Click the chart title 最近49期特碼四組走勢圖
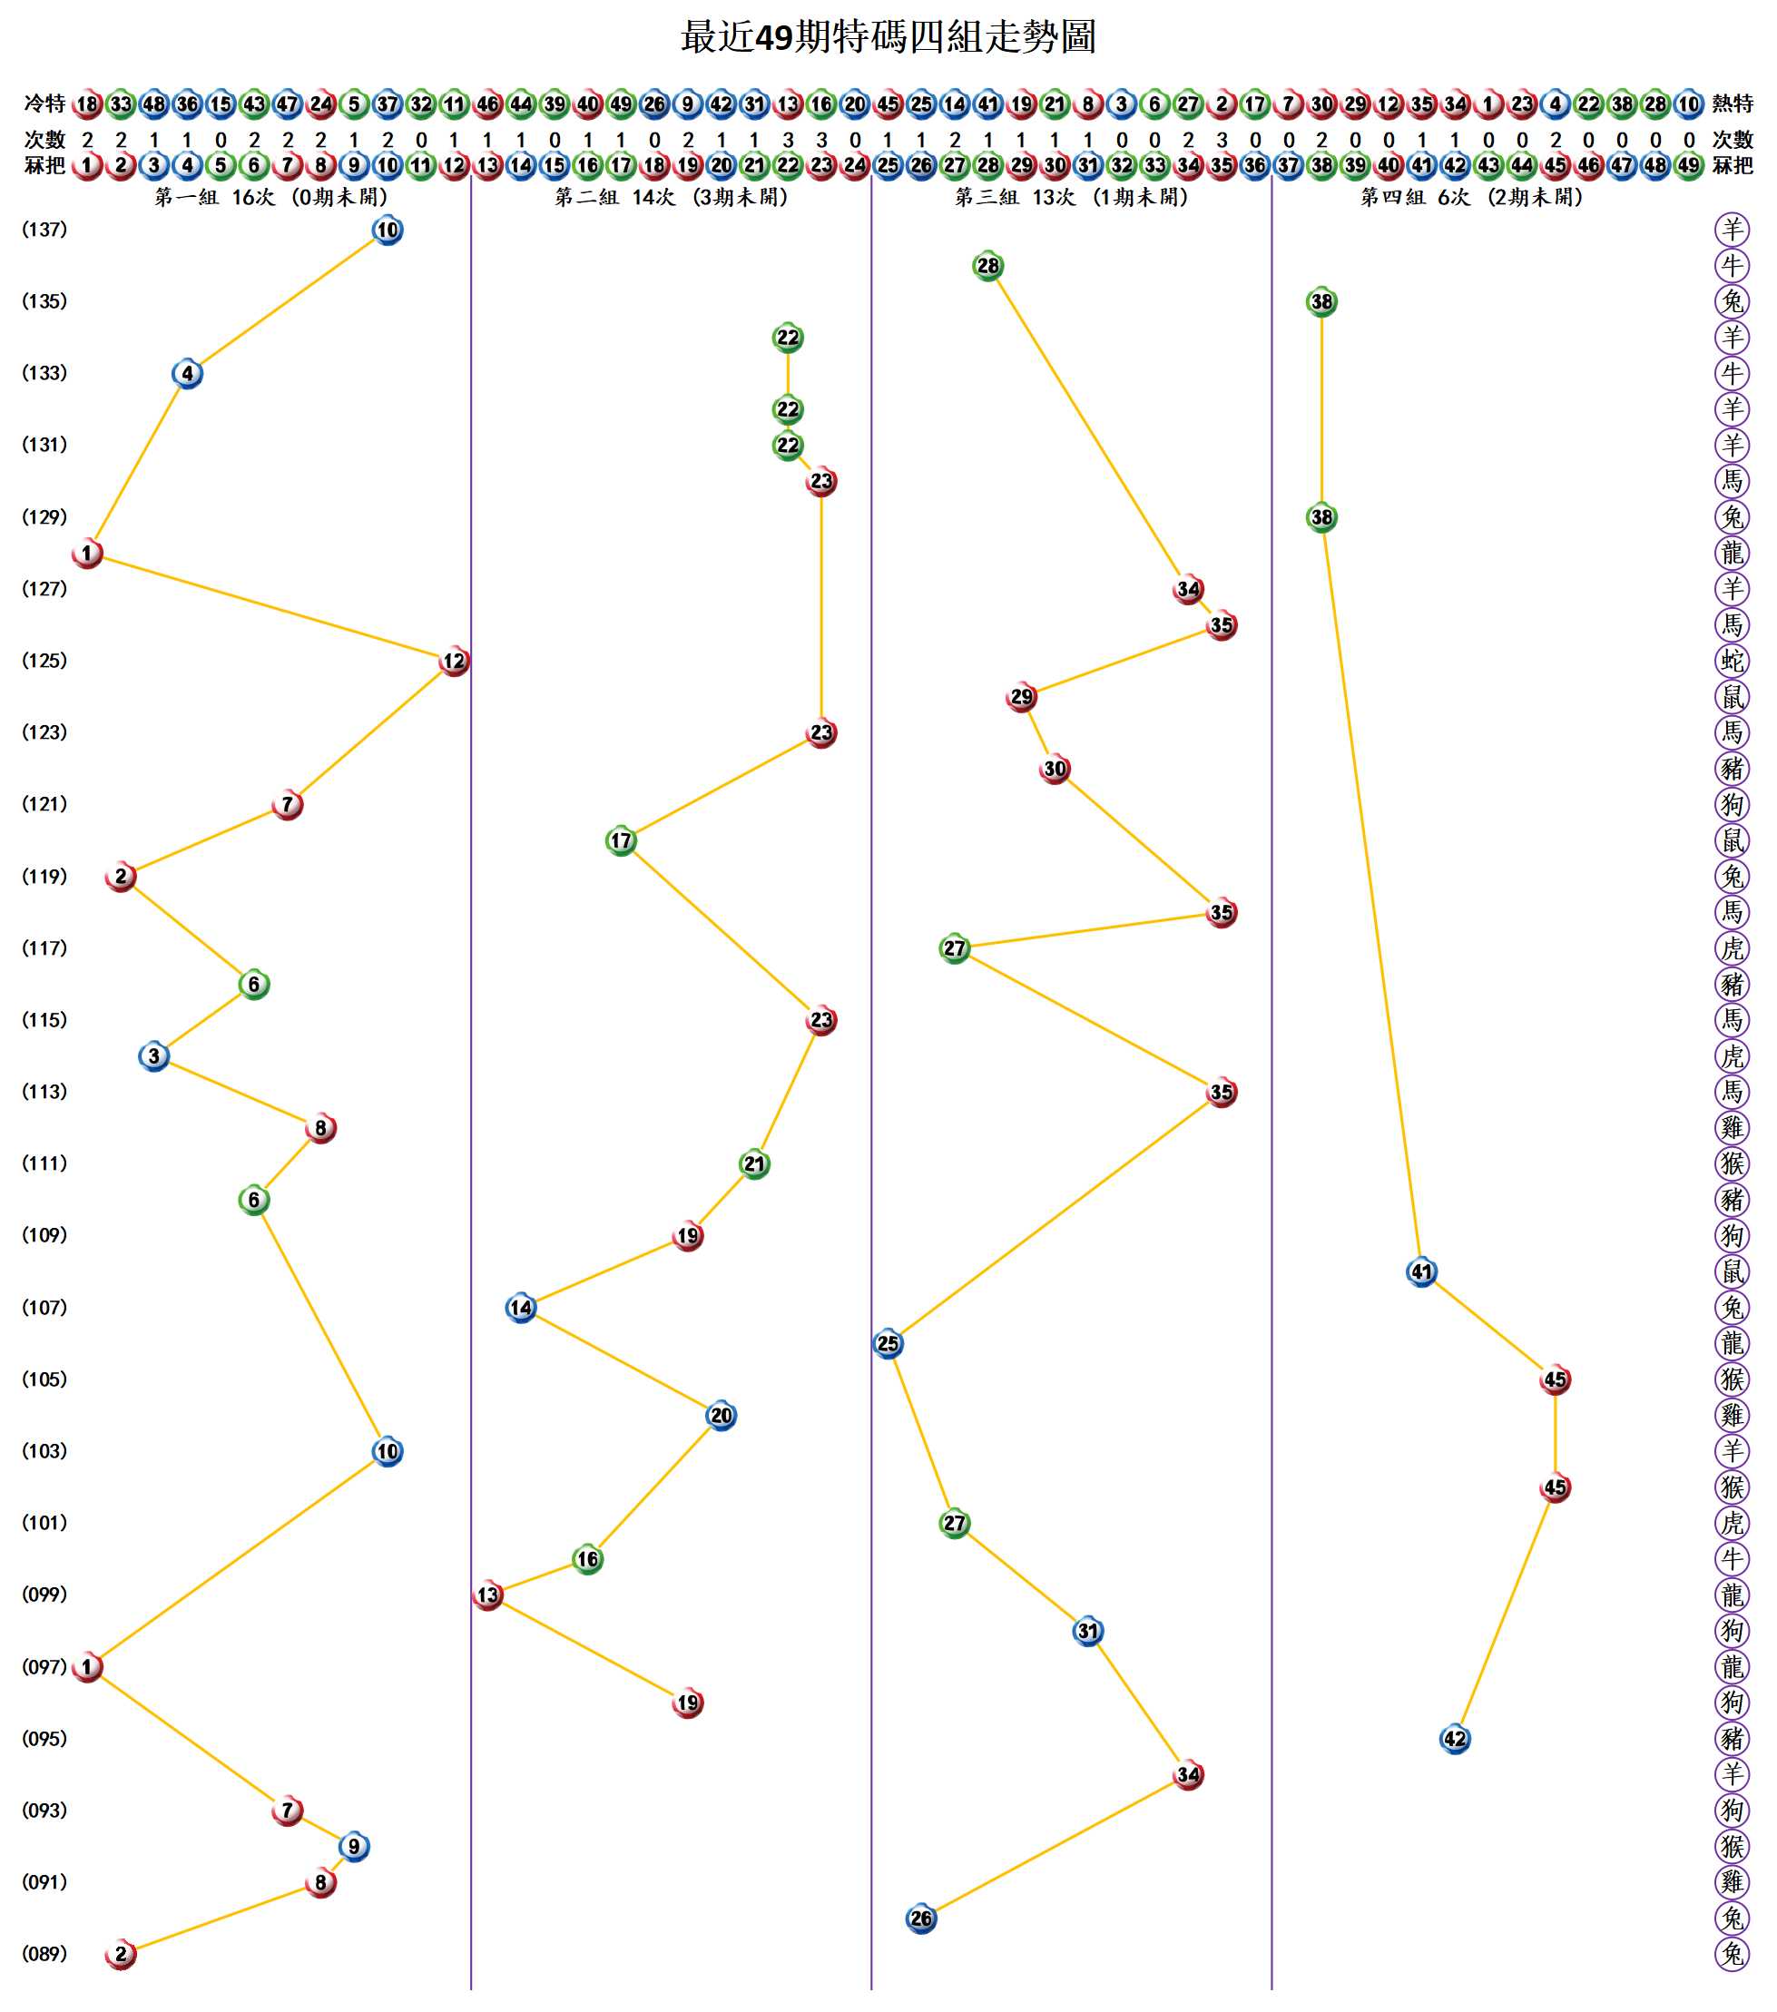(888, 37)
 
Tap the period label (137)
(44, 230)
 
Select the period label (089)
(44, 1953)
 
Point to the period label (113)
(44, 1092)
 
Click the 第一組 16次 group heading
(271, 198)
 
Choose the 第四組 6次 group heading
(1472, 198)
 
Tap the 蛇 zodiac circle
(1732, 661)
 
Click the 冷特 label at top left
(44, 103)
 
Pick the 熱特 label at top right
(1733, 103)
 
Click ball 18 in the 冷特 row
(88, 103)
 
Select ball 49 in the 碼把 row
(1689, 165)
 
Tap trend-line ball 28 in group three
(987, 266)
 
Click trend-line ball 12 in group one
(454, 661)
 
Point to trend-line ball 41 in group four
(1421, 1271)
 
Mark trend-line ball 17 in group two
(621, 840)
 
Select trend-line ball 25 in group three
(888, 1344)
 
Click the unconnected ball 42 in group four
(1455, 1738)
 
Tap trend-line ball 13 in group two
(488, 1595)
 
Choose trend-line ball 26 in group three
(921, 1918)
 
